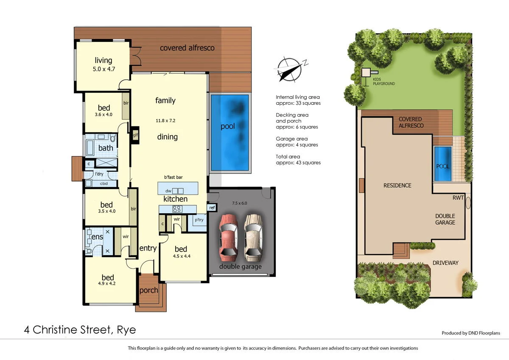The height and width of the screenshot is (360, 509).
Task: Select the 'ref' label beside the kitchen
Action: [x=212, y=208]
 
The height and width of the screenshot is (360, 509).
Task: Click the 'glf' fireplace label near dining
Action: [x=135, y=136]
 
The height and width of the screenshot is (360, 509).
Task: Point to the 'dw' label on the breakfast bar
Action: [x=168, y=190]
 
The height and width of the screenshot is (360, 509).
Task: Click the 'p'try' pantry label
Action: [x=199, y=220]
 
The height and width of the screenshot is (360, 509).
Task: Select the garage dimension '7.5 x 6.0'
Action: [x=239, y=203]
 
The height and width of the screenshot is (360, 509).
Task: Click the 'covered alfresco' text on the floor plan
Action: [x=187, y=48]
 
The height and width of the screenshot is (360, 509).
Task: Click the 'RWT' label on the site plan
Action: [x=459, y=197]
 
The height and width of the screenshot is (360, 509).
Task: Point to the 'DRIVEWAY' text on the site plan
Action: [x=445, y=263]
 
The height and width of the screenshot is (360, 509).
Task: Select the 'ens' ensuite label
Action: [x=97, y=237]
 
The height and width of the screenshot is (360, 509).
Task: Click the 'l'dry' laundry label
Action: [x=99, y=174]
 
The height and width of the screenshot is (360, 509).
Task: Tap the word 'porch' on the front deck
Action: [x=148, y=290]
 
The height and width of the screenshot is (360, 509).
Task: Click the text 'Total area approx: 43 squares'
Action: [x=298, y=159]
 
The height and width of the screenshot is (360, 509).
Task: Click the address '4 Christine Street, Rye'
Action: [x=80, y=329]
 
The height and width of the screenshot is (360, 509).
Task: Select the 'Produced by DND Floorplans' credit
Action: [x=471, y=333]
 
